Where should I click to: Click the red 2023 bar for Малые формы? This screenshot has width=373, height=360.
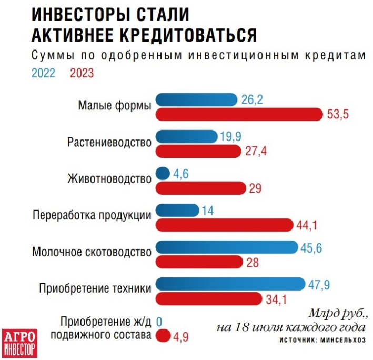point(239,114)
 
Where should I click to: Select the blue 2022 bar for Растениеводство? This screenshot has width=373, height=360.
point(187,137)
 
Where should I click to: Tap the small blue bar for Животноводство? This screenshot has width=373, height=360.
point(163,173)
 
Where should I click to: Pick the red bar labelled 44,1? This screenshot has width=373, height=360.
point(225,225)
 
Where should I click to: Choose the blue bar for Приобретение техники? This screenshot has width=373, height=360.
point(231,284)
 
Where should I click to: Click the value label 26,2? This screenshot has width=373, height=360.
point(252,99)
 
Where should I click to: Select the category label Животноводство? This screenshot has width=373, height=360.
point(109,178)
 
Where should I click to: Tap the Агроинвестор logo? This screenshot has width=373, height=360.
point(19,342)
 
